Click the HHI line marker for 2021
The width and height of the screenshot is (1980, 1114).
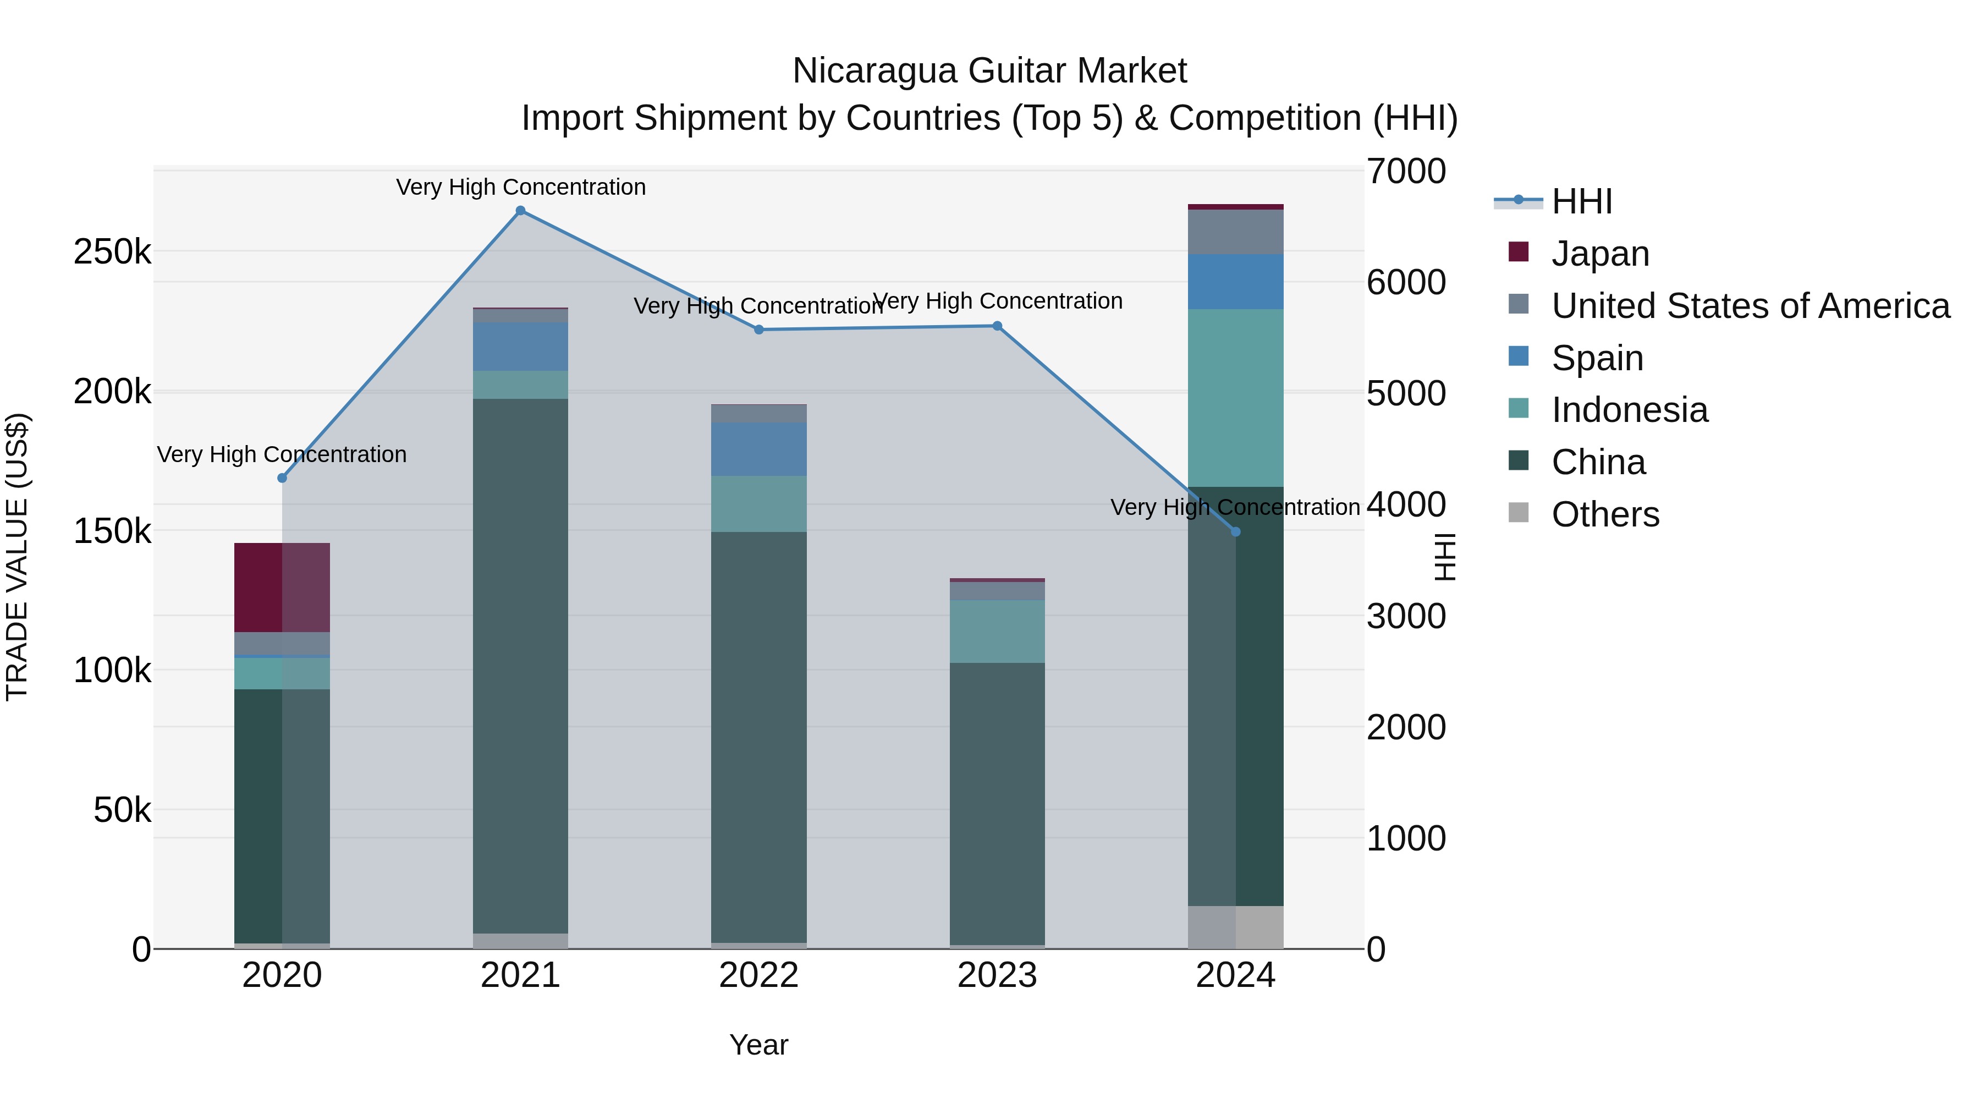520,211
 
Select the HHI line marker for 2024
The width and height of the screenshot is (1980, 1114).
1235,532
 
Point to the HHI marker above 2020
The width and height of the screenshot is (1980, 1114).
282,478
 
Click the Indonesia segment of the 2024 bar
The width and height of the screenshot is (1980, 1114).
1235,398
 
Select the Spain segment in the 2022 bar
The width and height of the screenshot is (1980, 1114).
758,449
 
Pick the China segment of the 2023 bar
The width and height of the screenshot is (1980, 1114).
997,803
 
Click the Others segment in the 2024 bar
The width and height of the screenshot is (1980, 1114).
1235,927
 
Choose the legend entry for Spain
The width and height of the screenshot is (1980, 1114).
1597,358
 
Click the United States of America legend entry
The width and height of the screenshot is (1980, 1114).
1750,306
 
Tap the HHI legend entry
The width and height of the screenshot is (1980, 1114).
1581,201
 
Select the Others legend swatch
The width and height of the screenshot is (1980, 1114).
1518,513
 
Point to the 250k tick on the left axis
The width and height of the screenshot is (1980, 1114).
112,252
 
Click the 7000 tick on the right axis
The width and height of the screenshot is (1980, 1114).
1406,172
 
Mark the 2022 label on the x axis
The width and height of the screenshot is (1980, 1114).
758,975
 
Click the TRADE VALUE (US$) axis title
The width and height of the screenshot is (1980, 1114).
17,557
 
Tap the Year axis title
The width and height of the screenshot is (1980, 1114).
758,1045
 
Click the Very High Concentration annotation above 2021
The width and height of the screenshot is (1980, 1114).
520,187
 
